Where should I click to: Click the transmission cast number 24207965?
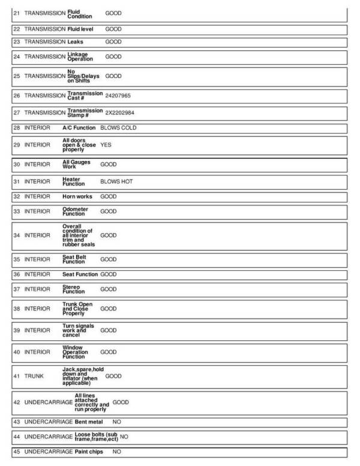tap(118, 95)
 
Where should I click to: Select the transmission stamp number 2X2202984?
tap(120, 112)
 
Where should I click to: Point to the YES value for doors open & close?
tap(106, 145)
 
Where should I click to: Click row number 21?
tap(17, 12)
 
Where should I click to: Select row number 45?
tap(17, 451)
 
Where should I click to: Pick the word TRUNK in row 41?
tap(34, 376)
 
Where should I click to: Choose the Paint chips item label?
tap(89, 451)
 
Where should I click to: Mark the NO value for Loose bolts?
tap(124, 437)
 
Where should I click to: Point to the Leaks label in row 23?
tap(76, 42)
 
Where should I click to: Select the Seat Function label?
tap(80, 274)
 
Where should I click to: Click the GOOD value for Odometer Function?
tap(109, 211)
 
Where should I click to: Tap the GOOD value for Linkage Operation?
tap(113, 56)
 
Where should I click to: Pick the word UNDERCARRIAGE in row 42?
tap(48, 402)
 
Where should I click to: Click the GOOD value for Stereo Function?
tap(109, 289)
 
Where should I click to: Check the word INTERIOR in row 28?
tap(37, 128)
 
